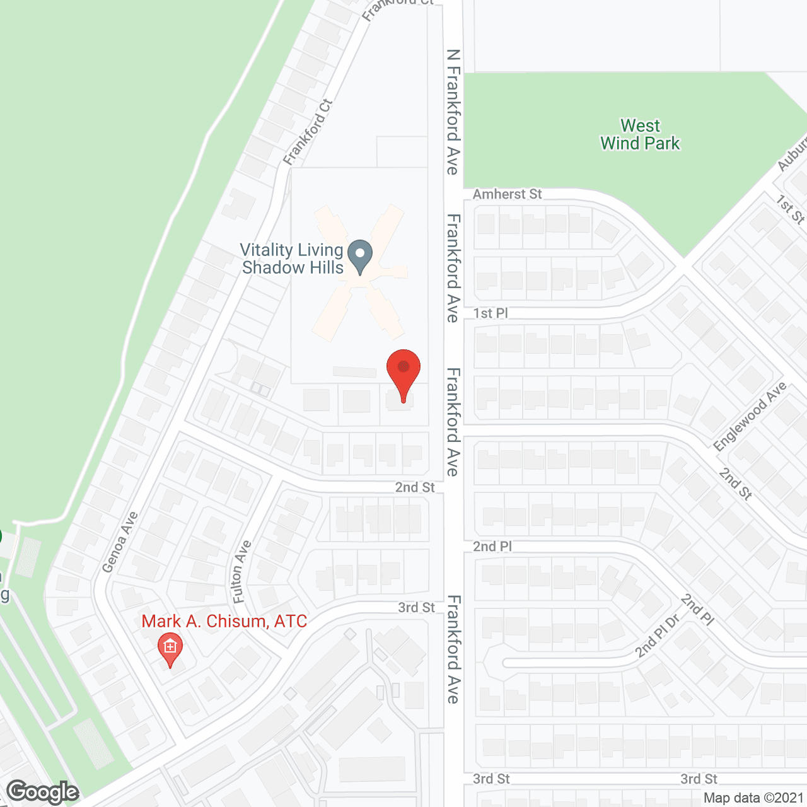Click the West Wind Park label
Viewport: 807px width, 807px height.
coord(640,135)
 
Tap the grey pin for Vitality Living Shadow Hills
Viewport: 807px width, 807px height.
coord(360,257)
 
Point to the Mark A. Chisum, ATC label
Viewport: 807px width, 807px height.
coord(224,622)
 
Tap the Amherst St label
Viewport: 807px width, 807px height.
coord(507,194)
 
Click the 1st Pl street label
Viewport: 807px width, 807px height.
coord(490,313)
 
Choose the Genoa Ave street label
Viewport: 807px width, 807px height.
coord(119,542)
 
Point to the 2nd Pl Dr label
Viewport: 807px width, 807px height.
coord(658,635)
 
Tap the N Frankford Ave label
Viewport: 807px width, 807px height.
coord(453,112)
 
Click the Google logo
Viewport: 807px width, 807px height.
coord(42,791)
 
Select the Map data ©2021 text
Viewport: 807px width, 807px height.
coord(753,798)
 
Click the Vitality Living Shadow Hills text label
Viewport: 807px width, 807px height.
coord(292,259)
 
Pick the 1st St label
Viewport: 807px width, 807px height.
coord(790,209)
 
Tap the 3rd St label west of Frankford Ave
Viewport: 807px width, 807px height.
coord(416,607)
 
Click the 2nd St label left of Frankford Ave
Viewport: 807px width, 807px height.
coord(415,487)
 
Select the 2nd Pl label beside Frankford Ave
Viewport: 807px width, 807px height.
coord(492,547)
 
